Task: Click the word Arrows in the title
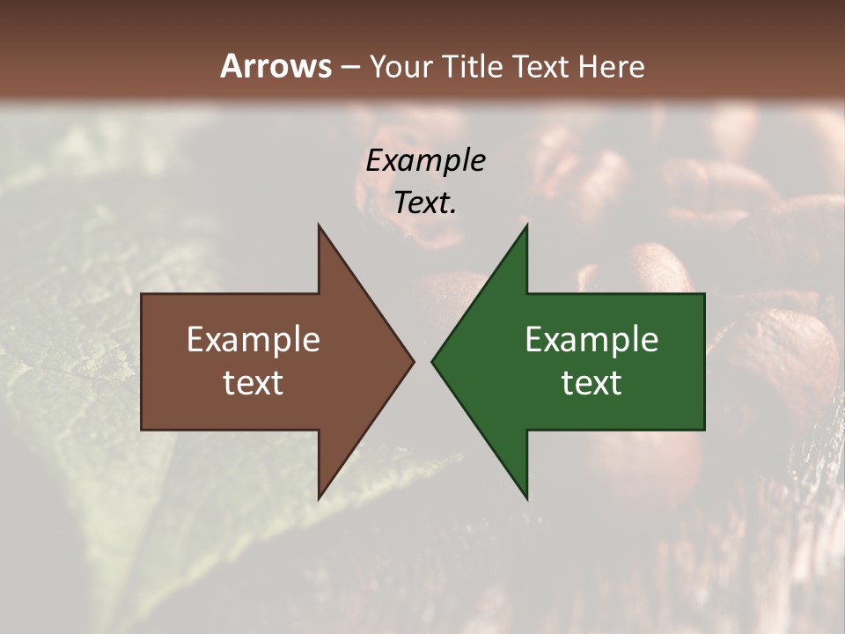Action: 276,66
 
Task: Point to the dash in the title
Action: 350,68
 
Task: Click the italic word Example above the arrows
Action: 425,161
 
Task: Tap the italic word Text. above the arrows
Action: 425,203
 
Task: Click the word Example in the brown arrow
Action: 253,340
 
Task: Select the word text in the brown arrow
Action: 253,383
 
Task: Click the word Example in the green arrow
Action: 591,340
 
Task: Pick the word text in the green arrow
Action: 591,383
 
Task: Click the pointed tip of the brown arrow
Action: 412,361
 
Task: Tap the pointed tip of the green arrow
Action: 433,361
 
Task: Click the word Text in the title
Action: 541,67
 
